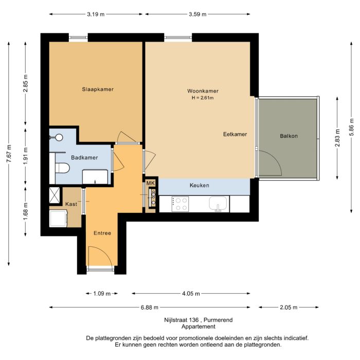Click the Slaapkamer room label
[98, 89]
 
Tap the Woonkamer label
[202, 91]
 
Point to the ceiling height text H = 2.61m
[202, 98]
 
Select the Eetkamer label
[235, 134]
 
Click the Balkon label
[289, 136]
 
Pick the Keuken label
[199, 185]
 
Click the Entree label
[102, 233]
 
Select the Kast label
[71, 204]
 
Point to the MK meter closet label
[151, 183]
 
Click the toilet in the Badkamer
[62, 168]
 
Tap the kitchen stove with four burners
[182, 204]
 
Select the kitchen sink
[219, 204]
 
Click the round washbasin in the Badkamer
[59, 137]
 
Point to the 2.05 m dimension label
[289, 308]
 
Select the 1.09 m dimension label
[102, 294]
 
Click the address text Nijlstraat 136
[180, 320]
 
